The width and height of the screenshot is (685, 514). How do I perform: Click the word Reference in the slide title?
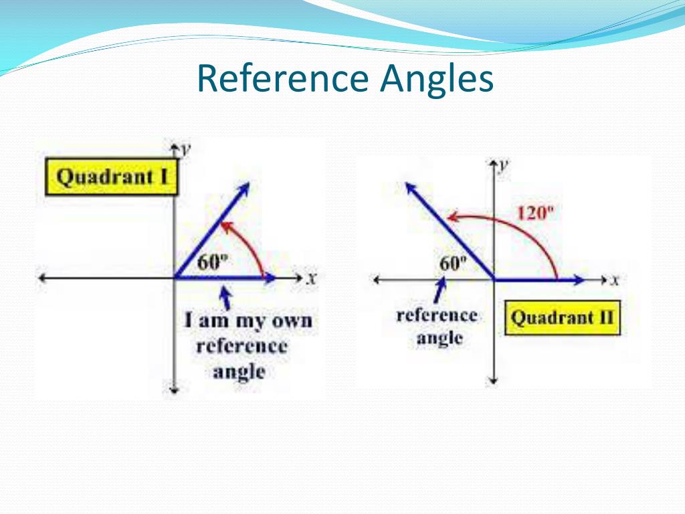click(284, 79)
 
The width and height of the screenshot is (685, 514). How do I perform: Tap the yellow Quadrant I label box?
click(111, 177)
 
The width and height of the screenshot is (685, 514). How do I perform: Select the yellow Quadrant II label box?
click(561, 318)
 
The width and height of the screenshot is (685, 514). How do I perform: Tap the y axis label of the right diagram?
click(505, 165)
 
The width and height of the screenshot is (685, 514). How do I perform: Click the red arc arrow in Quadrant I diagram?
click(249, 244)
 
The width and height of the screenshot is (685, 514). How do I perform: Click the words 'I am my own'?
click(248, 321)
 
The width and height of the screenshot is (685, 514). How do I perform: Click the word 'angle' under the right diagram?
click(439, 339)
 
